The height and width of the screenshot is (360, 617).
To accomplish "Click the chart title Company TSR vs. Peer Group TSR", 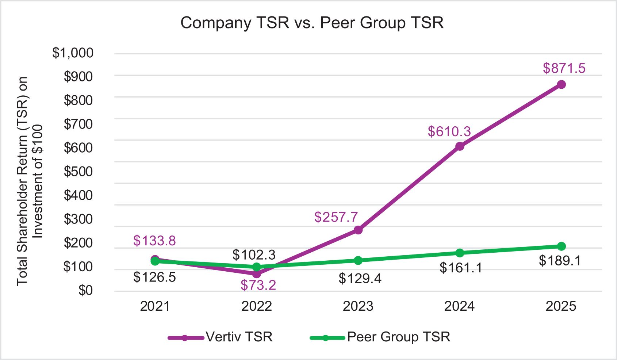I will (312, 23).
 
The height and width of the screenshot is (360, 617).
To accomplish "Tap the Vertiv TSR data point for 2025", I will (561, 85).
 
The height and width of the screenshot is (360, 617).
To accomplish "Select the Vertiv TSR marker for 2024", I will (460, 146).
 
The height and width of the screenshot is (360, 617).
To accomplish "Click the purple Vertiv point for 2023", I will (358, 230).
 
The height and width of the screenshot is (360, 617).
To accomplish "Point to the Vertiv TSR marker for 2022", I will (257, 274).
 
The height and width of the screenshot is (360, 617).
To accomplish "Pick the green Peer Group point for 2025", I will (561, 246).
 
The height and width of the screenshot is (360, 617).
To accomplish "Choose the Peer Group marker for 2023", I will (358, 260).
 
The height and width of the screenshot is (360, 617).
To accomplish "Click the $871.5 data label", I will (564, 68).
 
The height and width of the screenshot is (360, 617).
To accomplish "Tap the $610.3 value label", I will (449, 131).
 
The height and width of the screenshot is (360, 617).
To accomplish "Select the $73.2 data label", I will (258, 285).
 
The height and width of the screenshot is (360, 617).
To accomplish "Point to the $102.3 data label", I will (254, 254).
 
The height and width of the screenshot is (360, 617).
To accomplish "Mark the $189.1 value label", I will (559, 261).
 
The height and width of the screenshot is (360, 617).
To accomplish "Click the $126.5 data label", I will (154, 277).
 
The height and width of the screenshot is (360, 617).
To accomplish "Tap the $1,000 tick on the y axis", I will (73, 53).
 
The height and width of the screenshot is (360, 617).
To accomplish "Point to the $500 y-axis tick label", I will (78, 172).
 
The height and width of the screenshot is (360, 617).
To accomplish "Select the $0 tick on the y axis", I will (85, 291).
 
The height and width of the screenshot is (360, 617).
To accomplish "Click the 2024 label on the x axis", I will (459, 306).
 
